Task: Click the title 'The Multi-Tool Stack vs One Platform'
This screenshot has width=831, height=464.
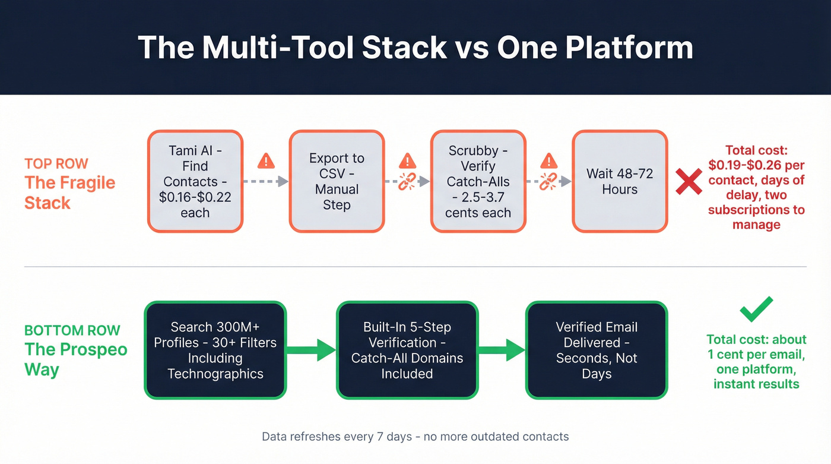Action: point(415,48)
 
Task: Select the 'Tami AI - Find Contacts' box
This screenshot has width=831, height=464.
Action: point(195,181)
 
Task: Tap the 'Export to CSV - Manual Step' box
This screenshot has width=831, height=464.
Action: point(337,181)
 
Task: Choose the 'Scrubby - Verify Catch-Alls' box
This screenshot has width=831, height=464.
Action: point(478,181)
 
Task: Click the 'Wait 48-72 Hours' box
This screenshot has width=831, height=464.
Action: point(620,181)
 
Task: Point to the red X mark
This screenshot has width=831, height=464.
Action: point(689,181)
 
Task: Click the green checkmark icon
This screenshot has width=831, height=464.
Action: point(756,310)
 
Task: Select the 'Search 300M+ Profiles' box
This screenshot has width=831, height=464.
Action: point(215,350)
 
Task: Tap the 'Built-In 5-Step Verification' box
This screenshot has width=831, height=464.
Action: point(407,350)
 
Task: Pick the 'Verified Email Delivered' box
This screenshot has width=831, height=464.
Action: point(597,350)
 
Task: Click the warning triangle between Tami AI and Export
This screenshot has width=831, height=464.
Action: point(266,160)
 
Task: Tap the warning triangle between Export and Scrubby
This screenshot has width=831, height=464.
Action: point(407,160)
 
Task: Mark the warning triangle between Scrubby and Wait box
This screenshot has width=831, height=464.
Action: point(549,160)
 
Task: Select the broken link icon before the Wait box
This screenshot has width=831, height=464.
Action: point(550,181)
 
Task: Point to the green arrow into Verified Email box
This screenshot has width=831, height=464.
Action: point(502,350)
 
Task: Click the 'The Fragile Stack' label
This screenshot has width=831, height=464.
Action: point(70,192)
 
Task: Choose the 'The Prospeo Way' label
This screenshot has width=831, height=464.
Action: point(76,359)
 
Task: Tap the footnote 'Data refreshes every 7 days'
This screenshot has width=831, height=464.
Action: point(415,437)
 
